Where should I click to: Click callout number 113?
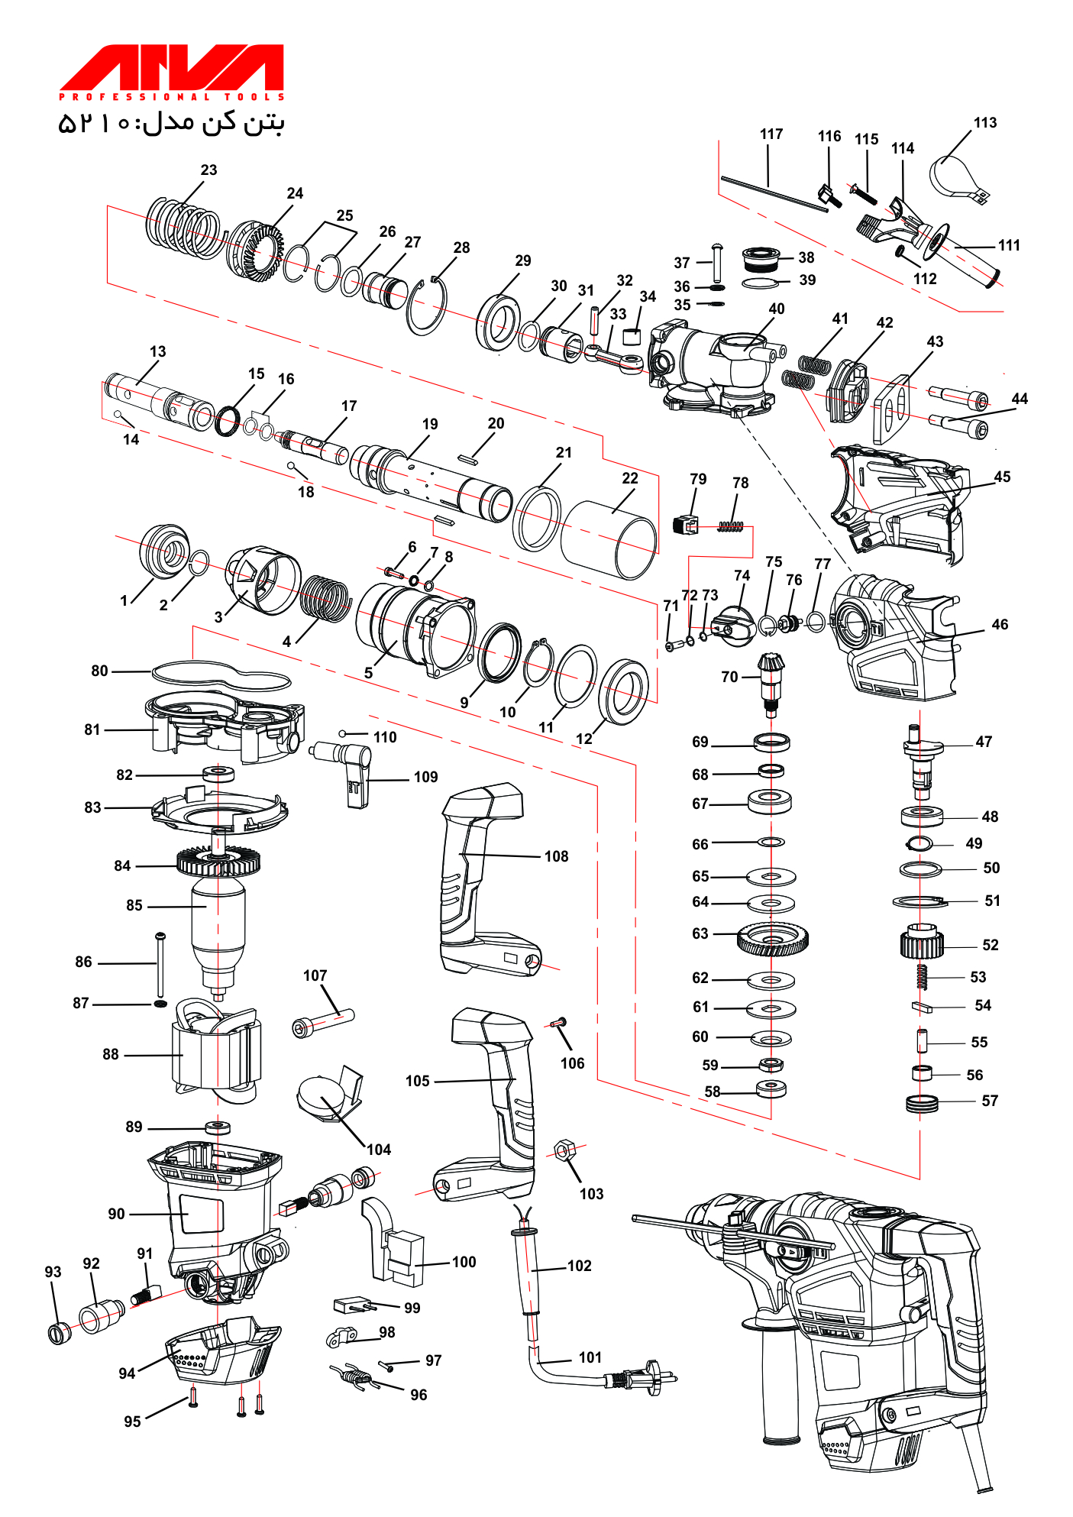pos(984,123)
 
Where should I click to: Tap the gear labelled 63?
pos(773,939)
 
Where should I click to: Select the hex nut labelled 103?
pos(564,1150)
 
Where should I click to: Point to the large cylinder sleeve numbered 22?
pos(609,539)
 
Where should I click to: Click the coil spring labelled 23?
pos(183,227)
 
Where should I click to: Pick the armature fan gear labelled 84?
pos(218,862)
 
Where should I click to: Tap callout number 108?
pos(556,857)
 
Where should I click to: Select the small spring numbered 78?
pos(731,526)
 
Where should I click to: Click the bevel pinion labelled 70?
pos(771,682)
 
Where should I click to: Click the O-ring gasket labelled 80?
pos(221,674)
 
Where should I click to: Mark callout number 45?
pos(1002,477)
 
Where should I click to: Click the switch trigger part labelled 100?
pos(392,1242)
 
